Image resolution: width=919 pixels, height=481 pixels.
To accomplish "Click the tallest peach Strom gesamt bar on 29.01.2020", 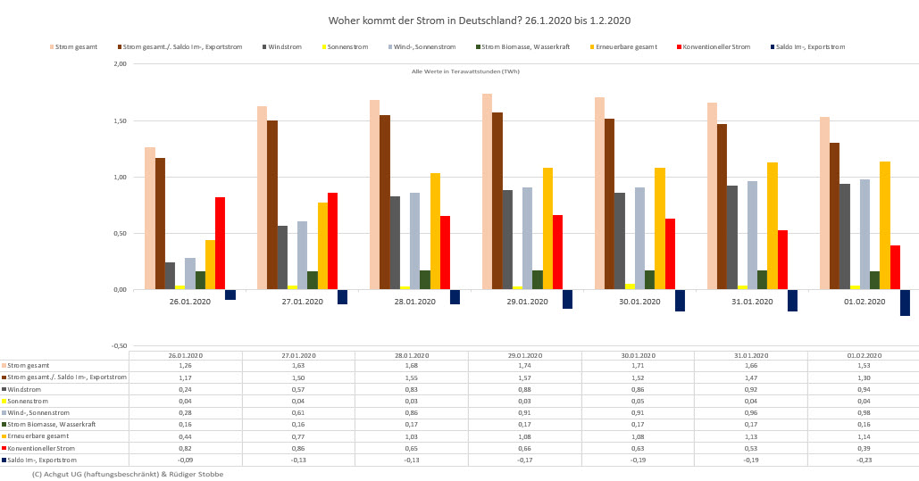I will pyautogui.click(x=487, y=191).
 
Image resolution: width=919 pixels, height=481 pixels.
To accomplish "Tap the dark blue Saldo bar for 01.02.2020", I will pyautogui.click(x=905, y=303).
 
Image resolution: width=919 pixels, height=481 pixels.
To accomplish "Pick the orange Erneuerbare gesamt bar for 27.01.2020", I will pyautogui.click(x=322, y=245).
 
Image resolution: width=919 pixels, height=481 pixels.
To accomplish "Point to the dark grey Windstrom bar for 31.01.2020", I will pyautogui.click(x=731, y=237).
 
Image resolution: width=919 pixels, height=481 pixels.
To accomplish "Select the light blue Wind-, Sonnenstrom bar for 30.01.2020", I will pyautogui.click(x=639, y=238).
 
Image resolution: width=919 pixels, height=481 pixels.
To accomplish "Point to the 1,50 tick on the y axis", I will pyautogui.click(x=119, y=120).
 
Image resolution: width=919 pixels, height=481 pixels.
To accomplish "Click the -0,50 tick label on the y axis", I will pyautogui.click(x=118, y=345).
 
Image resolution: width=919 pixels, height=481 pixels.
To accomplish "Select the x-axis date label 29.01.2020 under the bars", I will pyautogui.click(x=527, y=302).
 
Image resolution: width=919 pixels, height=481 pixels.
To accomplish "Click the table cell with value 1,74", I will pyautogui.click(x=525, y=365).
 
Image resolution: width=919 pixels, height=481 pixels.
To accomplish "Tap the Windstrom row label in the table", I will pyautogui.click(x=27, y=389).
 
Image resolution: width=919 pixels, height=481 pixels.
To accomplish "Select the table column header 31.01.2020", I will pyautogui.click(x=750, y=354).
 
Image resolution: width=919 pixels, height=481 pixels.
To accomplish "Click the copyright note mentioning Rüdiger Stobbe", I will pyautogui.click(x=127, y=474).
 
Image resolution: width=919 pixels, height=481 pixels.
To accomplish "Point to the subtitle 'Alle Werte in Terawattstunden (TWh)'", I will pyautogui.click(x=465, y=71).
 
